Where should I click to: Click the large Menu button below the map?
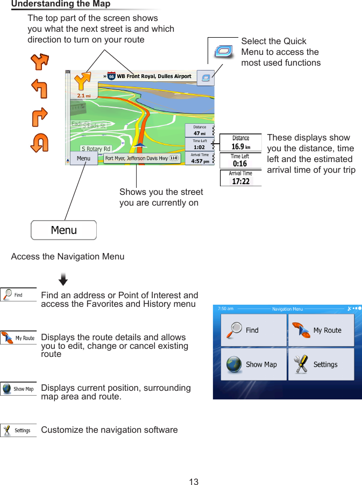point(63,230)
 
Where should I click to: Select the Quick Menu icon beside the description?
point(223,52)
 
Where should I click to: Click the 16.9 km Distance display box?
point(240,143)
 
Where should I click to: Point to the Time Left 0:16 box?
point(240,160)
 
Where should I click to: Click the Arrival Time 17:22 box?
point(240,178)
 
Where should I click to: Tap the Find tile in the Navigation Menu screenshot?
point(253,330)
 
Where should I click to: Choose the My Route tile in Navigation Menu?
point(321,330)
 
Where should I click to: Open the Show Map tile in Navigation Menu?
point(253,364)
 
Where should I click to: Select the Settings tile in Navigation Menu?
point(321,364)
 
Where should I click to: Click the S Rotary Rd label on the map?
point(96,149)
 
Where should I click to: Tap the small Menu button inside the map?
point(83,158)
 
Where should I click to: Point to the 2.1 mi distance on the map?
point(83,96)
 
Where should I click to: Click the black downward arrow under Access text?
point(63,279)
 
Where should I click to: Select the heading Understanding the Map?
point(61,4)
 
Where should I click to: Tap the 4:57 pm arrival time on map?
point(200,160)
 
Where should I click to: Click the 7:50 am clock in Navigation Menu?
point(225,308)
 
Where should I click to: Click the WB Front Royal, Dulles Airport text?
point(154,76)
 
